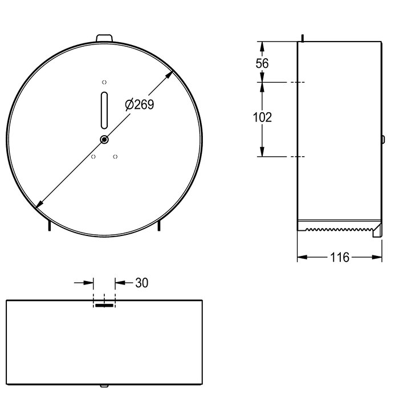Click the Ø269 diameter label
point(140,104)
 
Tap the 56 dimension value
point(262,63)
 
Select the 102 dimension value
point(262,117)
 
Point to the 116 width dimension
point(340,257)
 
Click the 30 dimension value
point(142,283)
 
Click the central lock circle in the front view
point(104,140)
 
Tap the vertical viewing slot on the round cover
point(104,110)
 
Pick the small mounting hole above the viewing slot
point(104,82)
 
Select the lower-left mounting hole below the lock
point(93,157)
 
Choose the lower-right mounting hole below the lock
point(115,157)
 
